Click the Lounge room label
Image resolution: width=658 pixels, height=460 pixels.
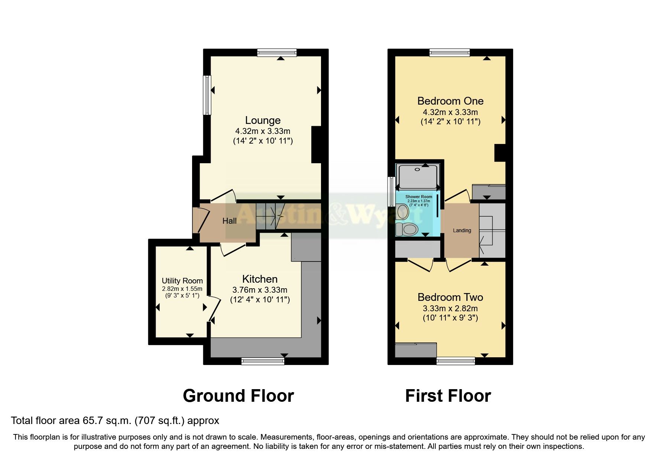263,120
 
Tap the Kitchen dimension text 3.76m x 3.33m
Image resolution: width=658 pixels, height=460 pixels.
260,290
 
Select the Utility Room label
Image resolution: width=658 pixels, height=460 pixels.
182,281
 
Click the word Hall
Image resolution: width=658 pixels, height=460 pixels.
229,221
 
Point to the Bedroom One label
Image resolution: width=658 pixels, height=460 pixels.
450,101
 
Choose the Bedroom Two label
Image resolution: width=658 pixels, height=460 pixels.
450,297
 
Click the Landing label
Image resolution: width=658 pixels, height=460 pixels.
462,230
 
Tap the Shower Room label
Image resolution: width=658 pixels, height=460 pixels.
419,197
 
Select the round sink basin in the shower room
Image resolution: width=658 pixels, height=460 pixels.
402,212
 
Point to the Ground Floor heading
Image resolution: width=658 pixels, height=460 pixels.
238,396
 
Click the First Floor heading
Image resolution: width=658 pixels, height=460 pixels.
448,396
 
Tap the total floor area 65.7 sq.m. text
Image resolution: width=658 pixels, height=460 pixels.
115,421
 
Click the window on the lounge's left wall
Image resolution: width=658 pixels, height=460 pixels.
207,95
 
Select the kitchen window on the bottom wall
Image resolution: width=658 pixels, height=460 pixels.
263,361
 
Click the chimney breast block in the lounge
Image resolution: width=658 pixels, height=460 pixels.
316,145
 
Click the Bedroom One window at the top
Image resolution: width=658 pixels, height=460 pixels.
450,53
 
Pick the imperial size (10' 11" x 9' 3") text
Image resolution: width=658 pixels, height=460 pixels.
450,318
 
